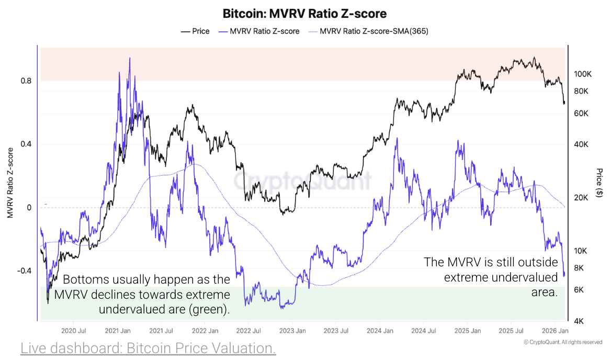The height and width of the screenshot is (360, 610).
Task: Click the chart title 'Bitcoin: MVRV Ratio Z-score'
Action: click(305, 13)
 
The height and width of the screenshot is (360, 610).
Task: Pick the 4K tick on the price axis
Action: click(579, 321)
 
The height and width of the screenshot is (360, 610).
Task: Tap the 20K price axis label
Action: click(581, 197)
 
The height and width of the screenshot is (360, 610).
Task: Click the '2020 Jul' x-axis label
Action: click(74, 331)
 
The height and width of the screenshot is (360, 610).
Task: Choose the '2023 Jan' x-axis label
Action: click(292, 331)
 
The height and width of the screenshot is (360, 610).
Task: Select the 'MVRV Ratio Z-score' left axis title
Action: click(9, 183)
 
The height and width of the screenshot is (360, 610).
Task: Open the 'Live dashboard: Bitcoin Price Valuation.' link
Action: click(148, 348)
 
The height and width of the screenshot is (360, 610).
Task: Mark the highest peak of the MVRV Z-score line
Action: click(130, 58)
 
